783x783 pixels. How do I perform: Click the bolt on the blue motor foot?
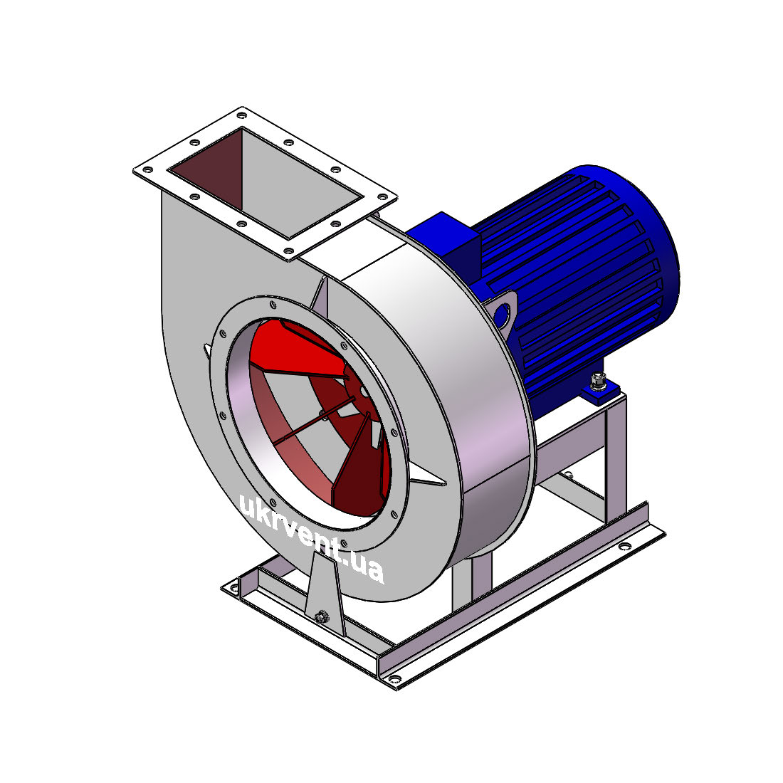597,381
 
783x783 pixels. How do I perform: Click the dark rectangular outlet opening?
266,182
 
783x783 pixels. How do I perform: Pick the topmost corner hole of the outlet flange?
242,115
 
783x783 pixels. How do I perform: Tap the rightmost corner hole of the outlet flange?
382,196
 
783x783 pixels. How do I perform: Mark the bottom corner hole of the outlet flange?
288,251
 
